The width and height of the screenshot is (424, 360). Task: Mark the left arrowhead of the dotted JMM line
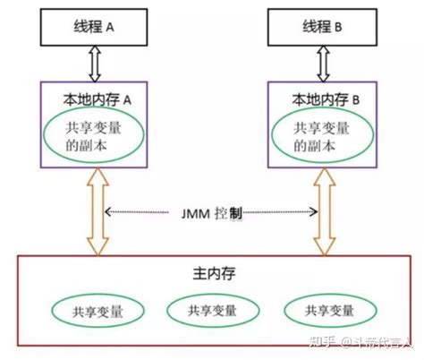coord(108,212)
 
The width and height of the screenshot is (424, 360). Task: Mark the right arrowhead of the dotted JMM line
coord(316,212)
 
